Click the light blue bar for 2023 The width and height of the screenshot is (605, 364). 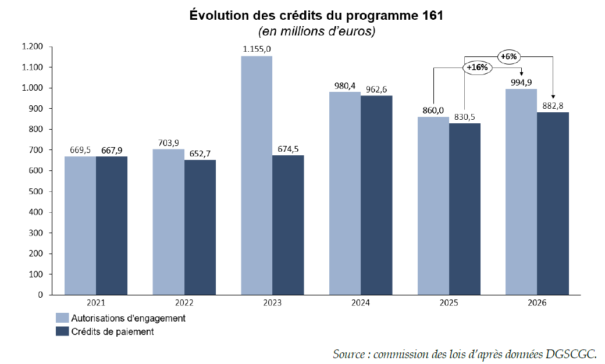(257, 175)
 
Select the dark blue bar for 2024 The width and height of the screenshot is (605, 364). (376, 195)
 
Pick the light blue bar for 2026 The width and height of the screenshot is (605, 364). (521, 191)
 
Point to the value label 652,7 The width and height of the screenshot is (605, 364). (200, 154)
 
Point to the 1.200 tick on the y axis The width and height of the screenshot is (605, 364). (33, 47)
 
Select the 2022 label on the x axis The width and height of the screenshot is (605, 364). (184, 303)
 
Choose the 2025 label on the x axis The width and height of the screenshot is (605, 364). (449, 303)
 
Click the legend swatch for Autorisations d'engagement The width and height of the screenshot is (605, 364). (62, 318)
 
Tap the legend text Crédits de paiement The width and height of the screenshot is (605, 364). (112, 332)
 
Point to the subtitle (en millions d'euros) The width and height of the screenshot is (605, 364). (316, 31)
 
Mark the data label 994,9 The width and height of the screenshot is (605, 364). (521, 83)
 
